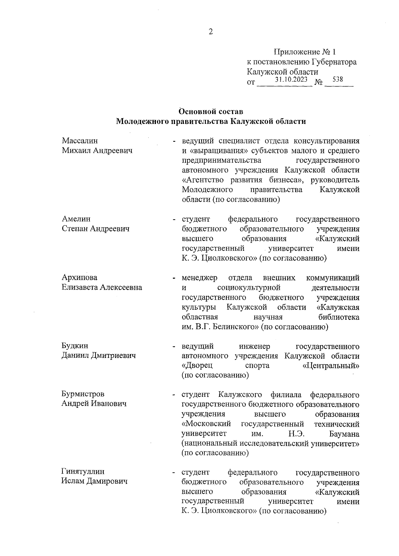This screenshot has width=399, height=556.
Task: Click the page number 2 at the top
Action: pyautogui.click(x=210, y=32)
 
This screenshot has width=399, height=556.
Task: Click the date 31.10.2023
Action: pyautogui.click(x=291, y=80)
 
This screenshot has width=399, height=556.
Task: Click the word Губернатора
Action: pyautogui.click(x=334, y=62)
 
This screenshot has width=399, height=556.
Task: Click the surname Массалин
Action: pyautogui.click(x=80, y=141)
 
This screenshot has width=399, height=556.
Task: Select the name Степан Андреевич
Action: pyautogui.click(x=95, y=229)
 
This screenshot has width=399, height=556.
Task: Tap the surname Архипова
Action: pyautogui.click(x=79, y=278)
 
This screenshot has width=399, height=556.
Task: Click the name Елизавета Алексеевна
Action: pyautogui.click(x=102, y=287)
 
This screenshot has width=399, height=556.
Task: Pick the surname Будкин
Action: pyautogui.click(x=75, y=346)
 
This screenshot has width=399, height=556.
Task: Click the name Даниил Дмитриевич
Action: pyautogui.click(x=99, y=356)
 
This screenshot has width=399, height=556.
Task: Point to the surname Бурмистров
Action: pyautogui.click(x=83, y=394)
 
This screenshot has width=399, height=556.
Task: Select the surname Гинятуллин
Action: pyautogui.click(x=83, y=472)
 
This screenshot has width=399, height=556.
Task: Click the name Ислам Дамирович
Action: pyautogui.click(x=95, y=481)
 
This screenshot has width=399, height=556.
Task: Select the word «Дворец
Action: pyautogui.click(x=197, y=366)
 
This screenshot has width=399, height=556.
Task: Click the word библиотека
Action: pyautogui.click(x=338, y=317)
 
